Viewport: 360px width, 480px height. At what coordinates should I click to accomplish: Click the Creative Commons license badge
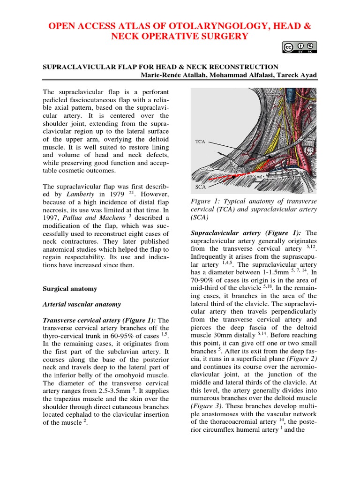(300, 47)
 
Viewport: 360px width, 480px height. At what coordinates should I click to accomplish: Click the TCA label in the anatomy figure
(200, 141)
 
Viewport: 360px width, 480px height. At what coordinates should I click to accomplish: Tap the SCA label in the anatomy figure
(200, 187)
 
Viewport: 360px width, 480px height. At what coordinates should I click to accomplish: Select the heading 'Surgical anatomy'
(70, 289)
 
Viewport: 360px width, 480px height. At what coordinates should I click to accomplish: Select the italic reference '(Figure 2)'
(301, 359)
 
